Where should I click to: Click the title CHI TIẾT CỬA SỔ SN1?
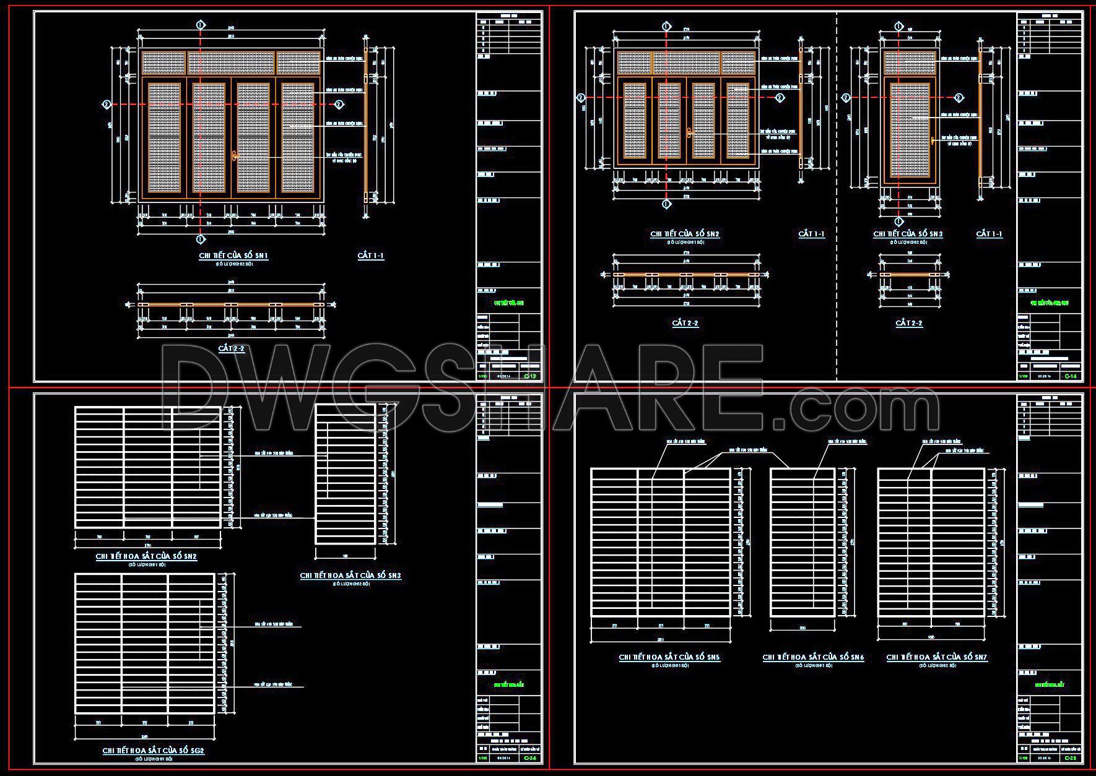pos(233,256)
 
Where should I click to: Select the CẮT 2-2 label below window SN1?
pos(232,348)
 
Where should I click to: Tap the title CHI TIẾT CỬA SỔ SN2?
pos(684,234)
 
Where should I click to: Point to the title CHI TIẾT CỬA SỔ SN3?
pos(908,234)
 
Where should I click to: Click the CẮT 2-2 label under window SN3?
pos(909,323)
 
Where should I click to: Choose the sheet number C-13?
pos(530,376)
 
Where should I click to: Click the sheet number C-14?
pos(1070,376)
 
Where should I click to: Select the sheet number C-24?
pos(530,758)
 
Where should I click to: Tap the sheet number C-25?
pos(1070,758)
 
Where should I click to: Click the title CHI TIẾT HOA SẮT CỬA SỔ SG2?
pos(153,751)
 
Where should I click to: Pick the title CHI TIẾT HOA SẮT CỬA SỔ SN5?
pos(669,657)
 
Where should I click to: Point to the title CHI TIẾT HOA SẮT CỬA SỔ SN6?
pos(813,657)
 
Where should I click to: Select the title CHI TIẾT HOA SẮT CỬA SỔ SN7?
pos(937,657)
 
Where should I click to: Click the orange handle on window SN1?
pos(234,155)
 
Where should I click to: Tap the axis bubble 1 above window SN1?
pos(200,25)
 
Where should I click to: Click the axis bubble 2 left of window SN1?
pos(107,105)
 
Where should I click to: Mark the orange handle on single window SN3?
pos(932,140)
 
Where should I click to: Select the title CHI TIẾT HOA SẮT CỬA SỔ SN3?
pos(350,576)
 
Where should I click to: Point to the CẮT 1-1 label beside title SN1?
pos(371,256)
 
